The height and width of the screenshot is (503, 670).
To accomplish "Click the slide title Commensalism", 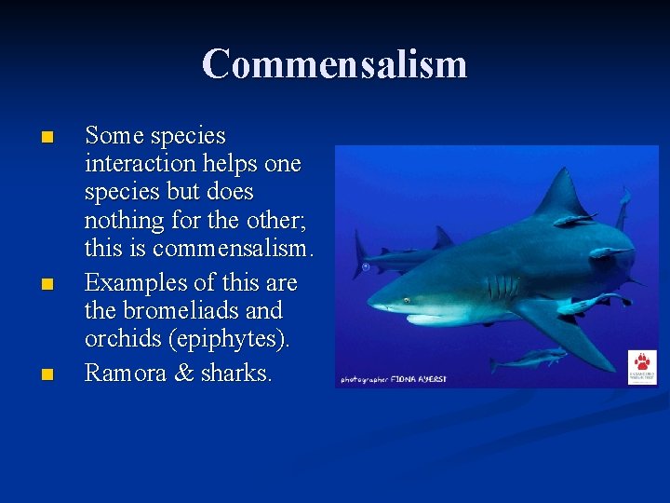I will click(334, 64).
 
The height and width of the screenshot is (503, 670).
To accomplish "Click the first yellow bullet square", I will click(48, 138).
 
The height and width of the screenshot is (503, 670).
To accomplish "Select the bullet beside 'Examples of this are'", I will click(48, 284).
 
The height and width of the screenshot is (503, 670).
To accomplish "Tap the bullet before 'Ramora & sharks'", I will click(48, 374).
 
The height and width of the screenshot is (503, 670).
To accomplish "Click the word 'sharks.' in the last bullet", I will click(237, 373).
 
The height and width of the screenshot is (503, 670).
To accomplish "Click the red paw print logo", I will click(642, 361).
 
